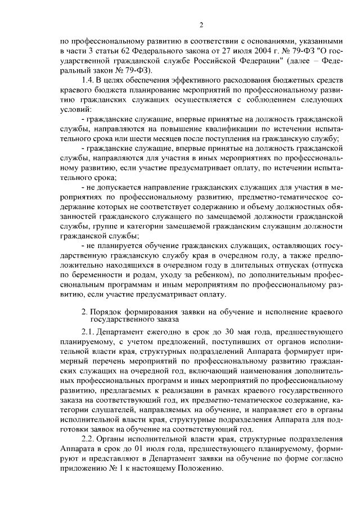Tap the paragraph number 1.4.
tap(89, 80)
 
